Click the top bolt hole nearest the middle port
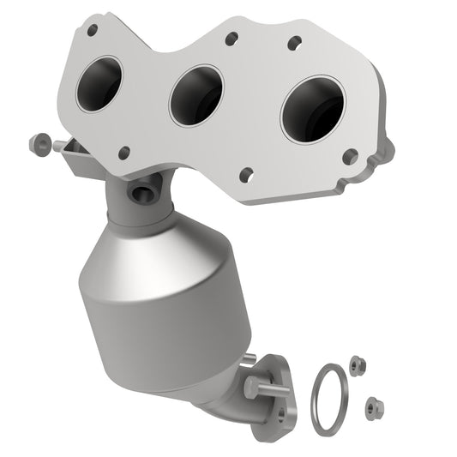tap(230, 39)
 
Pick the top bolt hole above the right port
tap(293, 41)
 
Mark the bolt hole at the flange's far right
tap(349, 157)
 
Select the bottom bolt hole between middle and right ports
tap(247, 174)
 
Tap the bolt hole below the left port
tap(124, 153)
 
